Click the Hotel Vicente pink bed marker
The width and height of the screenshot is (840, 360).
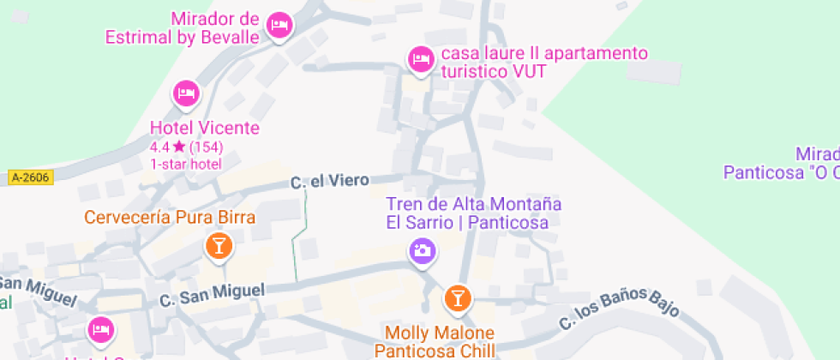tap(186, 93)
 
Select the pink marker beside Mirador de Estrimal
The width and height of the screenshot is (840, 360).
tap(279, 25)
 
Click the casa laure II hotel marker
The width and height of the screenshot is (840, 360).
tap(419, 58)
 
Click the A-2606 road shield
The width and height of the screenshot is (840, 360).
tap(31, 177)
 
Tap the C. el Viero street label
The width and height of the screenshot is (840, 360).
tap(329, 181)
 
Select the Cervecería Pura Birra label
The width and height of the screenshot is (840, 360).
tap(170, 218)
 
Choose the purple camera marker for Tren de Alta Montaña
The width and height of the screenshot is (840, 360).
tap(422, 250)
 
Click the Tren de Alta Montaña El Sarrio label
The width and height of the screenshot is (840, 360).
tap(467, 213)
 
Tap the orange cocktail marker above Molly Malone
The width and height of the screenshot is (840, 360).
tap(457, 297)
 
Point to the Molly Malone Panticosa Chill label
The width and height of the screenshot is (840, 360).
tap(440, 341)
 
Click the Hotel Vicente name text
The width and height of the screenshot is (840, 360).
tap(204, 129)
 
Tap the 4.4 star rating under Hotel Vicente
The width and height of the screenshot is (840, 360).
tap(186, 147)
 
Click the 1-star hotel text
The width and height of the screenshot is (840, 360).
tap(186, 164)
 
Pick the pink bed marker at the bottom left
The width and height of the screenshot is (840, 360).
tap(100, 329)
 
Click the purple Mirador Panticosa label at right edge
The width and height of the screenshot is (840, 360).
tap(781, 163)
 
